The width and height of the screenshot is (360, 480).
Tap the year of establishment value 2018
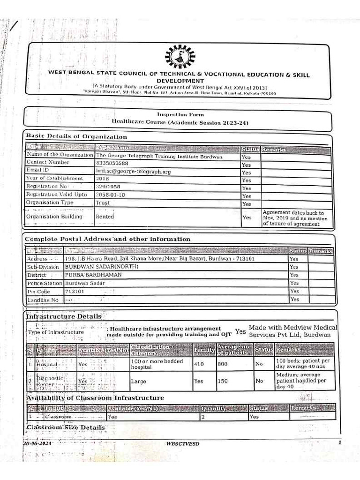click(102, 179)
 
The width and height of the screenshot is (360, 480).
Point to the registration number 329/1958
click(107, 187)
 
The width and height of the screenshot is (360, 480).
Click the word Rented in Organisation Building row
click(105, 217)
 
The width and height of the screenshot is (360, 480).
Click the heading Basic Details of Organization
click(76, 136)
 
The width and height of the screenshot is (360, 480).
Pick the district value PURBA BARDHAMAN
click(93, 275)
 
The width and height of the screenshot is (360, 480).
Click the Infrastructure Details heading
click(63, 317)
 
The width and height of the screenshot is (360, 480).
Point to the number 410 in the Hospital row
click(199, 363)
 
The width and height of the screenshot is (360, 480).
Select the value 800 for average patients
click(222, 363)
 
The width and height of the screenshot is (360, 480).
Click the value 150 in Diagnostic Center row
click(222, 381)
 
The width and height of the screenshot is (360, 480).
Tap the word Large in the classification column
click(139, 382)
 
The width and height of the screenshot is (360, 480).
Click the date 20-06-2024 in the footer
click(37, 443)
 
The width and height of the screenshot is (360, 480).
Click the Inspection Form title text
click(180, 114)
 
